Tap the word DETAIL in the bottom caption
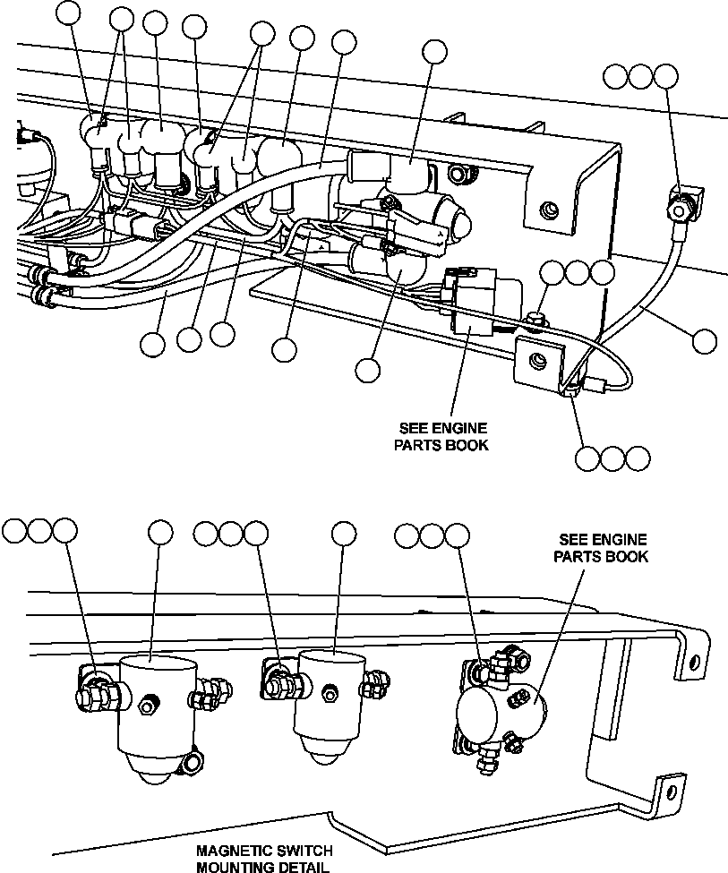pos(303,866)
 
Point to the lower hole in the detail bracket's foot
pos(667,792)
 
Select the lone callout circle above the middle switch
pos(343,533)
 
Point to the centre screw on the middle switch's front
pos(329,690)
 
